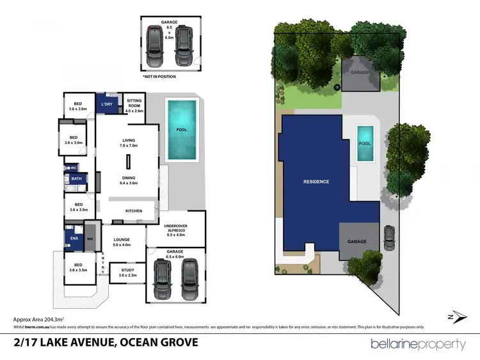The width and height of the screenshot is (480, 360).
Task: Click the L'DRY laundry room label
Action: point(106,104)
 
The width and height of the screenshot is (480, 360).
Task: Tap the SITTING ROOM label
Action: point(134,106)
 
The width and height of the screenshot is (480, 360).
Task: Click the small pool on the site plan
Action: point(365,143)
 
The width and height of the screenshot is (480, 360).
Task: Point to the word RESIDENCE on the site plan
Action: point(316,182)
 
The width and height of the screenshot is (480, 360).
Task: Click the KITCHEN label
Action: point(134,210)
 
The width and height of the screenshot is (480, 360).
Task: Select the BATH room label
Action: point(76,179)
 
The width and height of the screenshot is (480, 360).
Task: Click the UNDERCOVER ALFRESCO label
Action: point(175,230)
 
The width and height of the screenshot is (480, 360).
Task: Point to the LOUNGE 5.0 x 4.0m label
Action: point(122,242)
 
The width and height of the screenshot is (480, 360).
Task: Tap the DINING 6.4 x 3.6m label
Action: point(128,180)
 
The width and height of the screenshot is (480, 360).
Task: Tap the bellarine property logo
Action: point(418,344)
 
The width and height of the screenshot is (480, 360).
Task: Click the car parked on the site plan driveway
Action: point(388,238)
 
